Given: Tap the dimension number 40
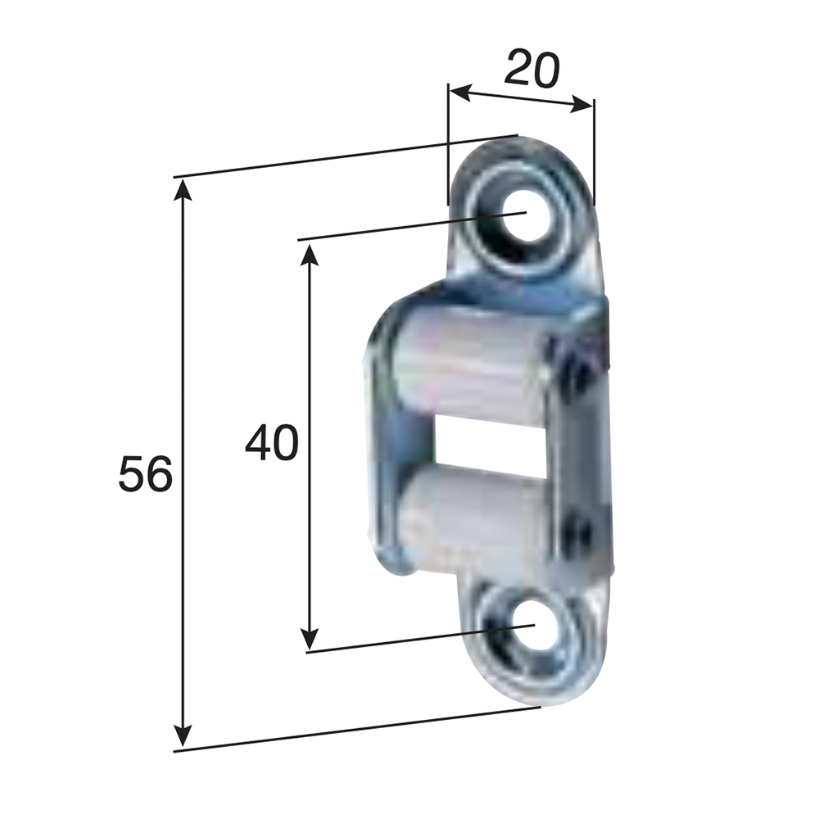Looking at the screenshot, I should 272,444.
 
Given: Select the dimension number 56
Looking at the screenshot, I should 145,475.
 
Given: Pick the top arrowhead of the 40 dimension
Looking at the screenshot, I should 309,253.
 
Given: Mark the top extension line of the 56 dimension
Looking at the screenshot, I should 344,156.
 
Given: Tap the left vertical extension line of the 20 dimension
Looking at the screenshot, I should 448,147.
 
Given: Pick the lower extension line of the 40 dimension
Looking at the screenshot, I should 409,640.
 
